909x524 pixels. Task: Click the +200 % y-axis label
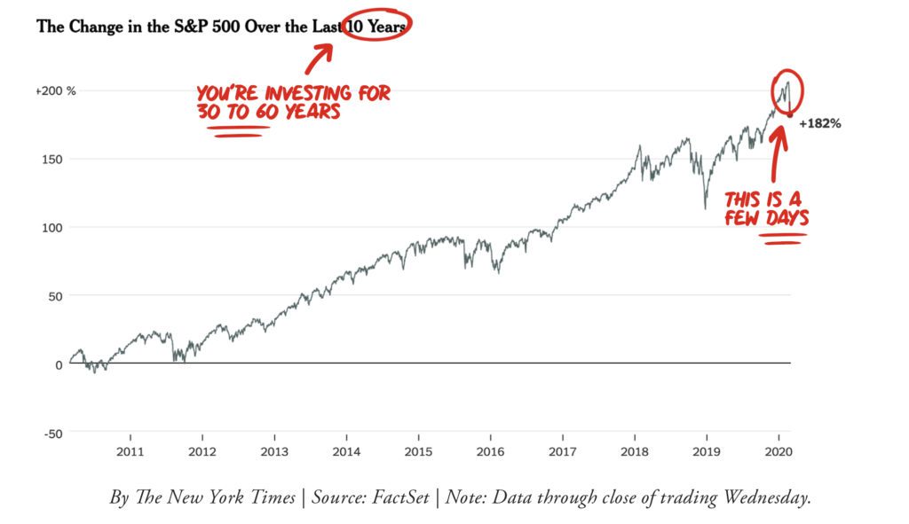click(56, 91)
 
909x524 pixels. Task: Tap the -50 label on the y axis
click(54, 433)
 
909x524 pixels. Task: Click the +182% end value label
click(819, 124)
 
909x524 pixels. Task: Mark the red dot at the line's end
click(790, 114)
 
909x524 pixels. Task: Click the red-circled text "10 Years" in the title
click(376, 27)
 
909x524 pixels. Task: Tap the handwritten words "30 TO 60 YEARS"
click(268, 113)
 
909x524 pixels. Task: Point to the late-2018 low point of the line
click(706, 208)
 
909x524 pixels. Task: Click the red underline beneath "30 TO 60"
click(237, 131)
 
